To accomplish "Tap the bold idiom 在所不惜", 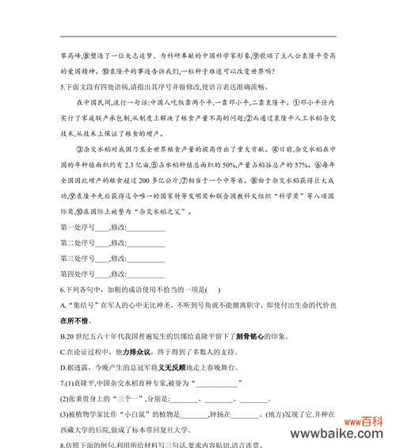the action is (x=77, y=321).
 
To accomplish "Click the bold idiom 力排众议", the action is (x=138, y=351).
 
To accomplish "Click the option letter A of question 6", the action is (x=63, y=306).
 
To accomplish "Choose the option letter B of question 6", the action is (x=63, y=336).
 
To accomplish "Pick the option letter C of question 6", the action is (x=63, y=351).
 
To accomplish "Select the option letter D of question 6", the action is (x=63, y=366).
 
